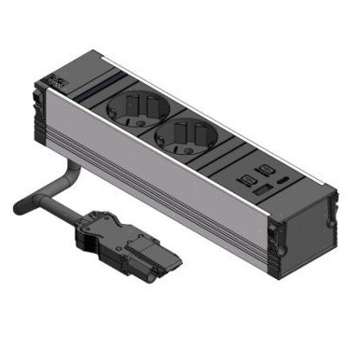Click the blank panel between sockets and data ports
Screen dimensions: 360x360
tap(222, 154)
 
